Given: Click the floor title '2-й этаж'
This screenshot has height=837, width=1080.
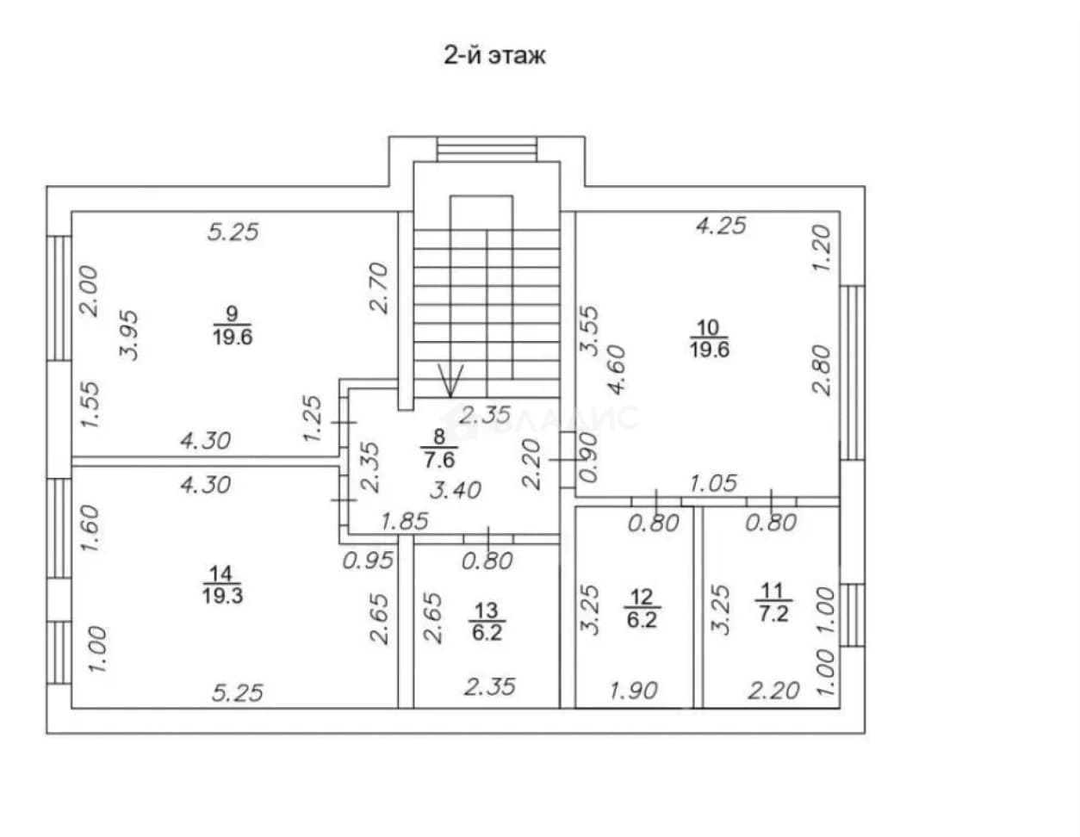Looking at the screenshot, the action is coord(494,56).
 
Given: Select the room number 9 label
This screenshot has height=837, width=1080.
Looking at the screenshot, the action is coord(232,313).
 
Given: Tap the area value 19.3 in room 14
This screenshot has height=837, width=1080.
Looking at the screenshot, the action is coord(222,596).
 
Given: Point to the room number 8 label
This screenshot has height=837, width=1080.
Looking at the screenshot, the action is coord(439,437).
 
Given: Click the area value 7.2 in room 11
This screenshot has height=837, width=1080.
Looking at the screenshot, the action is coord(773,615).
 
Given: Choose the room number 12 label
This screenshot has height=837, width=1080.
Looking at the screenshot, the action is coord(641,597).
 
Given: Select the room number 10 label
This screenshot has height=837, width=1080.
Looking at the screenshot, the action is coord(708,328).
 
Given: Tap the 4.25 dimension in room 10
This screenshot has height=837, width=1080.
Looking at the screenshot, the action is coord(721,226).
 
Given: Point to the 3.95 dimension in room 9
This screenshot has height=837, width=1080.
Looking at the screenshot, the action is coord(129,335).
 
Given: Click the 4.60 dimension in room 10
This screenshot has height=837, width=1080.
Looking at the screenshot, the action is coord(617,370).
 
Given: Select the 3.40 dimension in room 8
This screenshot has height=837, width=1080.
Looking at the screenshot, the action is coord(456,491).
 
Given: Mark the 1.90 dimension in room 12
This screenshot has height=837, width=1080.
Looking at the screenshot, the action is coord(633,691).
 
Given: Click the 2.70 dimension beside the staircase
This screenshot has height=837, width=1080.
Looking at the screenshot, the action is coord(379,288).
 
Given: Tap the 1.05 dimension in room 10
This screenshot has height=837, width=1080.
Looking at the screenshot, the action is coord(713,483).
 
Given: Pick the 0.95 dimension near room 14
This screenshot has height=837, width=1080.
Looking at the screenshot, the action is coord(369,561).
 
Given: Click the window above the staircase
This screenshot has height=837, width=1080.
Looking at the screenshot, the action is coord(487,149).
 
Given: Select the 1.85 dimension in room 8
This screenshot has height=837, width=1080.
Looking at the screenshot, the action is coord(405,521).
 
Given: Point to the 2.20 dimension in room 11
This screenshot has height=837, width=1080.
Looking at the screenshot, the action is coord(774,691).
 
